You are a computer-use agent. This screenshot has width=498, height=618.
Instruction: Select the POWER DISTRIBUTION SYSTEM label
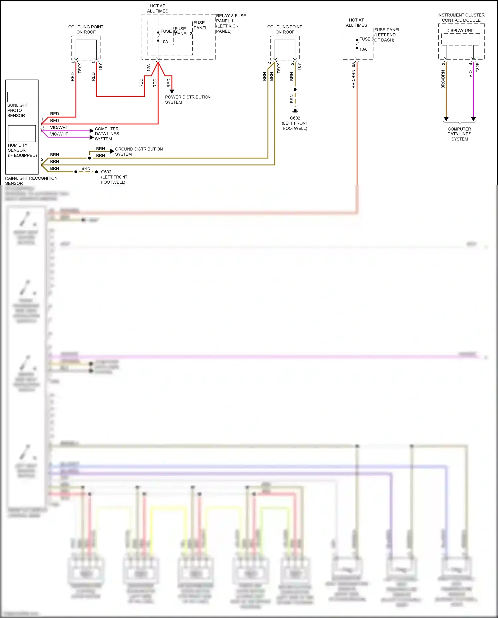(x=188, y=100)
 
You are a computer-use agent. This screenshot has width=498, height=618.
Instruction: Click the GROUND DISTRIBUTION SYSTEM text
(x=138, y=152)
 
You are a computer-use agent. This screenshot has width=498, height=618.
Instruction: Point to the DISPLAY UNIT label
(x=460, y=31)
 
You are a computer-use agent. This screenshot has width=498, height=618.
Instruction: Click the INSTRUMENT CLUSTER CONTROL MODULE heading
(x=461, y=18)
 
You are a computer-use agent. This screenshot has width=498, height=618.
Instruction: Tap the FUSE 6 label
(x=366, y=39)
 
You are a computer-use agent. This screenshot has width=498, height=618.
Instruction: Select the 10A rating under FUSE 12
(x=164, y=42)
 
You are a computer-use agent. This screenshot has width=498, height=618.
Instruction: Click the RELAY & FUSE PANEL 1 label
(x=231, y=18)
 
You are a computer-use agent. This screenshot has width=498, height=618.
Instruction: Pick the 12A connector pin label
(x=149, y=68)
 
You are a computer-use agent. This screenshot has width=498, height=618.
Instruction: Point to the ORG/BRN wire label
(x=443, y=80)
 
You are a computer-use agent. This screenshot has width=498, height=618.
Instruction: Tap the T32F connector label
(x=478, y=68)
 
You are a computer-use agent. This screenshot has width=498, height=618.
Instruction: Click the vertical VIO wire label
(x=470, y=74)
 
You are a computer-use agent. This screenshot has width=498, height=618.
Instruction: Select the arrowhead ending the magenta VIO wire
(x=473, y=119)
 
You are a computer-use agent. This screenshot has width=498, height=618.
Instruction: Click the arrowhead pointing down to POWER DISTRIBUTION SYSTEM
(x=172, y=91)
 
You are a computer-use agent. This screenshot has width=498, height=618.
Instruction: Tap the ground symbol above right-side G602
(x=295, y=111)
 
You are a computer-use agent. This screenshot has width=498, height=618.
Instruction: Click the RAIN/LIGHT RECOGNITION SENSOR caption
(x=31, y=181)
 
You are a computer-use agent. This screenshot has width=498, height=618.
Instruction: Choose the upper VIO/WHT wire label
(x=59, y=128)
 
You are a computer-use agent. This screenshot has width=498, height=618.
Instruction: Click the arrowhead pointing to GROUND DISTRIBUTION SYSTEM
(x=112, y=151)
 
